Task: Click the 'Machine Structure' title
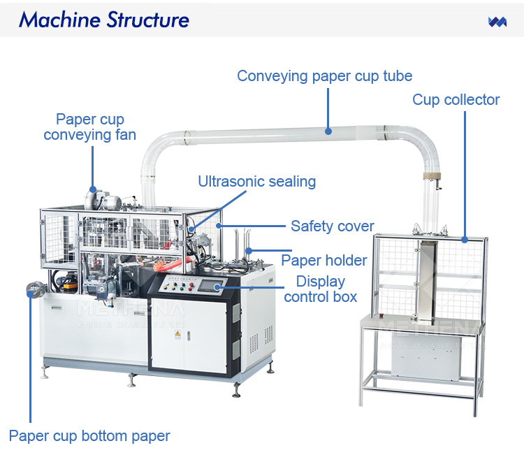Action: (x=104, y=20)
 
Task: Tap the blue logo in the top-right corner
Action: (x=497, y=22)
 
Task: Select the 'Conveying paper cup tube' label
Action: (x=324, y=75)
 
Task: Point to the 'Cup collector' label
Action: (x=456, y=99)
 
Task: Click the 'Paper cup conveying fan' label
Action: (x=89, y=127)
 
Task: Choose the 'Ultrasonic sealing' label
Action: (x=256, y=182)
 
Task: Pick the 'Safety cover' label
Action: (x=333, y=226)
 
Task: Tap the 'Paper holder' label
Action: (x=323, y=261)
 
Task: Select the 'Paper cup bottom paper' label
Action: (x=89, y=436)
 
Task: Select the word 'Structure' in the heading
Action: (x=146, y=20)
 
